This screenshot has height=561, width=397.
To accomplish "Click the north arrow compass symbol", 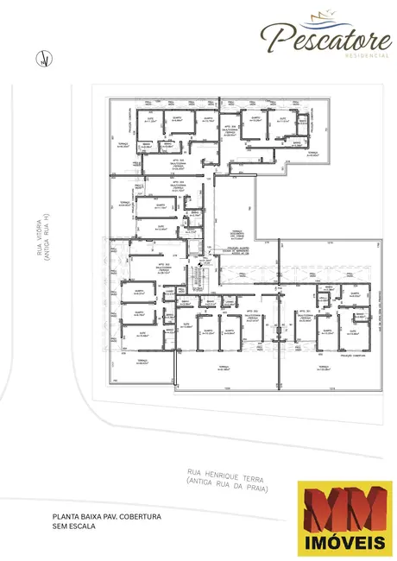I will click(x=40, y=60).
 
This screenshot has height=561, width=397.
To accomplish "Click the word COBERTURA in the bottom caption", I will click(x=142, y=516).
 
